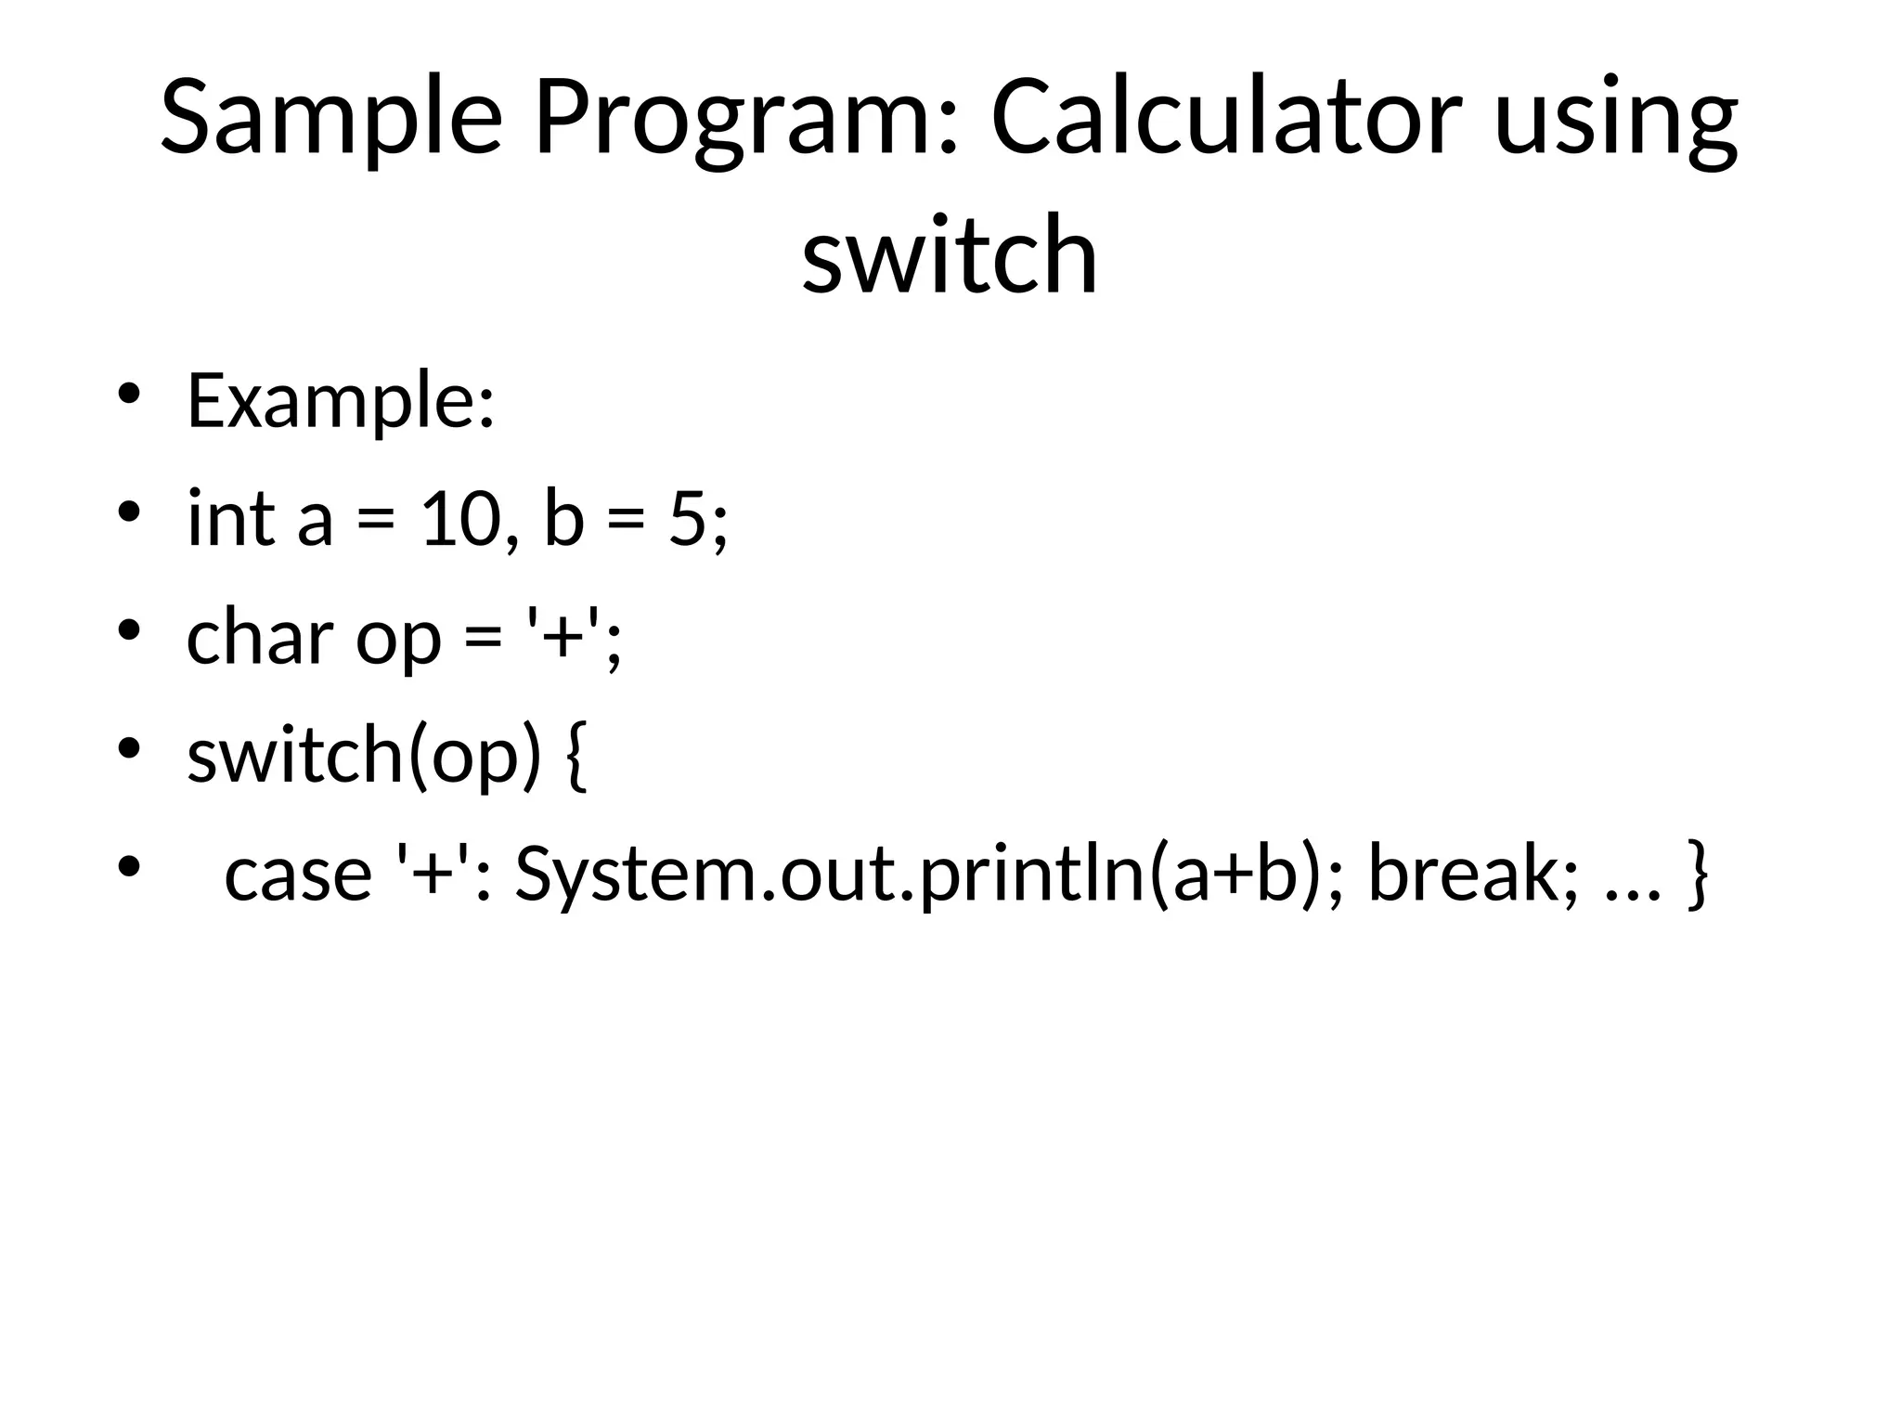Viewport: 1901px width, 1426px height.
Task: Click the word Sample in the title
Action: (x=330, y=119)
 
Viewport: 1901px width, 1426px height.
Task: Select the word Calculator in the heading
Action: (x=1226, y=119)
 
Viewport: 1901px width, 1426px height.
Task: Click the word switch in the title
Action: (x=950, y=254)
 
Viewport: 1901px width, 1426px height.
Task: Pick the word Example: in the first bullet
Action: (x=341, y=401)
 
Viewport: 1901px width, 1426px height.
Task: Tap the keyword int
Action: (x=231, y=517)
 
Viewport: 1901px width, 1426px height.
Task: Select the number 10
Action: (x=457, y=517)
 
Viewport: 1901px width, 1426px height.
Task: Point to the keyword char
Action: (x=260, y=637)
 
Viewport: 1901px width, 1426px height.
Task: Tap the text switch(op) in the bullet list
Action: (x=363, y=756)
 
